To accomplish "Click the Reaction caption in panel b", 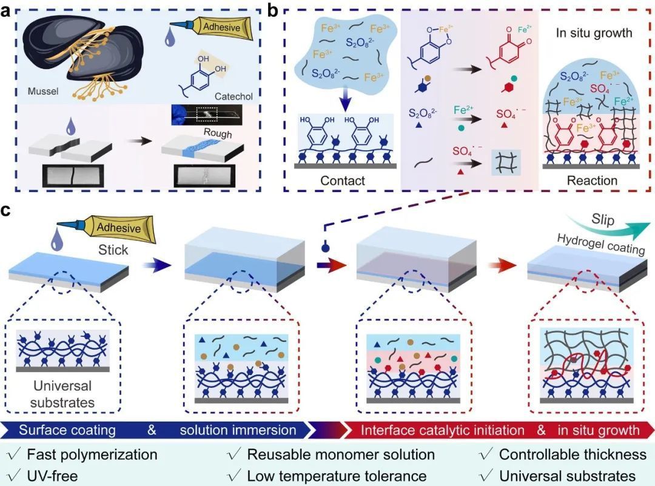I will (592, 181).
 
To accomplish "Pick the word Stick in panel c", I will (113, 248).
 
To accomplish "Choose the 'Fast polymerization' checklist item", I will (84, 454).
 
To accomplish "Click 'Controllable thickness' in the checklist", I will (564, 454).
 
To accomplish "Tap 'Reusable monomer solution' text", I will (340, 454).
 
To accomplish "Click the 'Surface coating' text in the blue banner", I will (67, 431).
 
